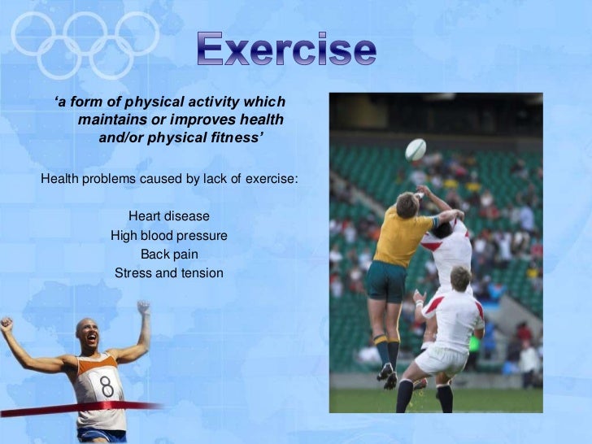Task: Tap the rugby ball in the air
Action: tap(416, 150)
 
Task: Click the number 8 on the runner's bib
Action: tap(107, 381)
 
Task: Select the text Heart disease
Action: tap(168, 216)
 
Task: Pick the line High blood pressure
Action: tap(168, 236)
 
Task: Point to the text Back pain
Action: tap(169, 255)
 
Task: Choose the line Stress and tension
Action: tap(168, 273)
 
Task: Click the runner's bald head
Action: tap(87, 333)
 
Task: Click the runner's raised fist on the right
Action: tap(144, 308)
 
